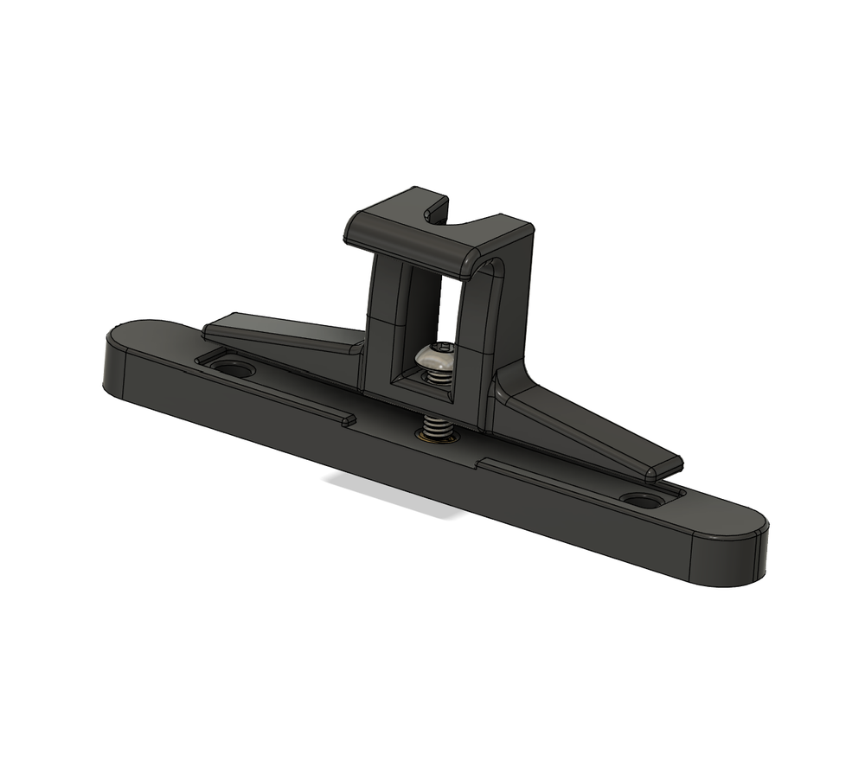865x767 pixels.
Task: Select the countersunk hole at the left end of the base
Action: point(233,369)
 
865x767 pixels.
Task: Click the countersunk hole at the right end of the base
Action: point(639,501)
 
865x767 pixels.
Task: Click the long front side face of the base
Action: point(389,458)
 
